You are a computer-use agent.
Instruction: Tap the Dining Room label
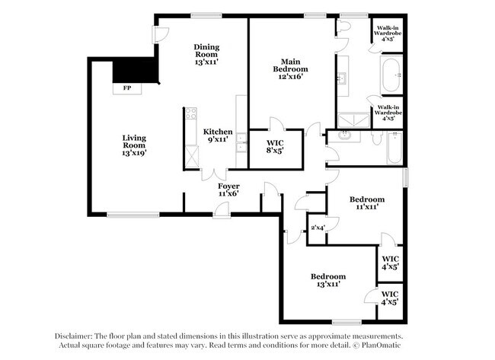(x=206, y=51)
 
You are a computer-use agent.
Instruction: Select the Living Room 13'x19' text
(x=134, y=145)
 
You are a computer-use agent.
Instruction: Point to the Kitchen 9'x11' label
(x=218, y=135)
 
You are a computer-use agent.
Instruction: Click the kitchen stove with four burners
(x=190, y=116)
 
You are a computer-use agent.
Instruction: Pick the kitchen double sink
(x=241, y=142)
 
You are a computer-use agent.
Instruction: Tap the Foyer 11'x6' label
(x=228, y=190)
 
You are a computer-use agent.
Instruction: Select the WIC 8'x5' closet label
(x=276, y=146)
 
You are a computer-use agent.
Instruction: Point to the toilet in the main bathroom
(x=345, y=27)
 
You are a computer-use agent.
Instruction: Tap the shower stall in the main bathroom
(x=352, y=116)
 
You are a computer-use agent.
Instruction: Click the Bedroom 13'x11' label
(x=327, y=280)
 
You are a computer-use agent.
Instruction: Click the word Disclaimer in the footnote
(x=74, y=336)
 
